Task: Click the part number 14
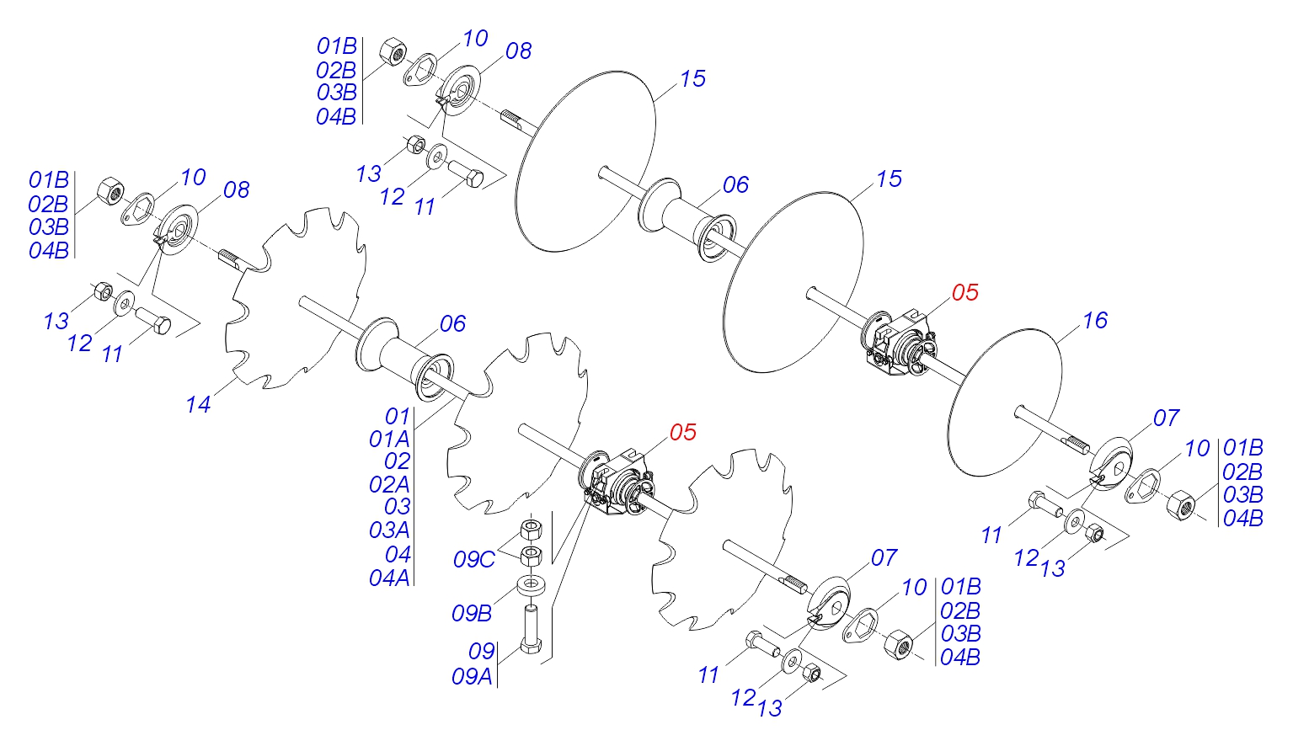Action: [x=198, y=405]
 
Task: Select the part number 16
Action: [x=1094, y=321]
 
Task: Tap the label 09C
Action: [x=473, y=560]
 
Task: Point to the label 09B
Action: [x=472, y=614]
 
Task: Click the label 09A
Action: [x=472, y=677]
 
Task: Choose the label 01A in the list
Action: [x=389, y=440]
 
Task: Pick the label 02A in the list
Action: [x=389, y=485]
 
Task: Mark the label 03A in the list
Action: [x=389, y=530]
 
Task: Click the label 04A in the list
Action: [x=389, y=578]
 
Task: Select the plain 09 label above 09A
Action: [x=481, y=651]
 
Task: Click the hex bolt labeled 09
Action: [x=531, y=628]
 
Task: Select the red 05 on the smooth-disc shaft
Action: [x=964, y=293]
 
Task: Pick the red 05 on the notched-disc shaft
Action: [x=682, y=433]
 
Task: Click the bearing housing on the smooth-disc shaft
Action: [x=898, y=345]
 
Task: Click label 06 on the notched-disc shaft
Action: [x=452, y=324]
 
